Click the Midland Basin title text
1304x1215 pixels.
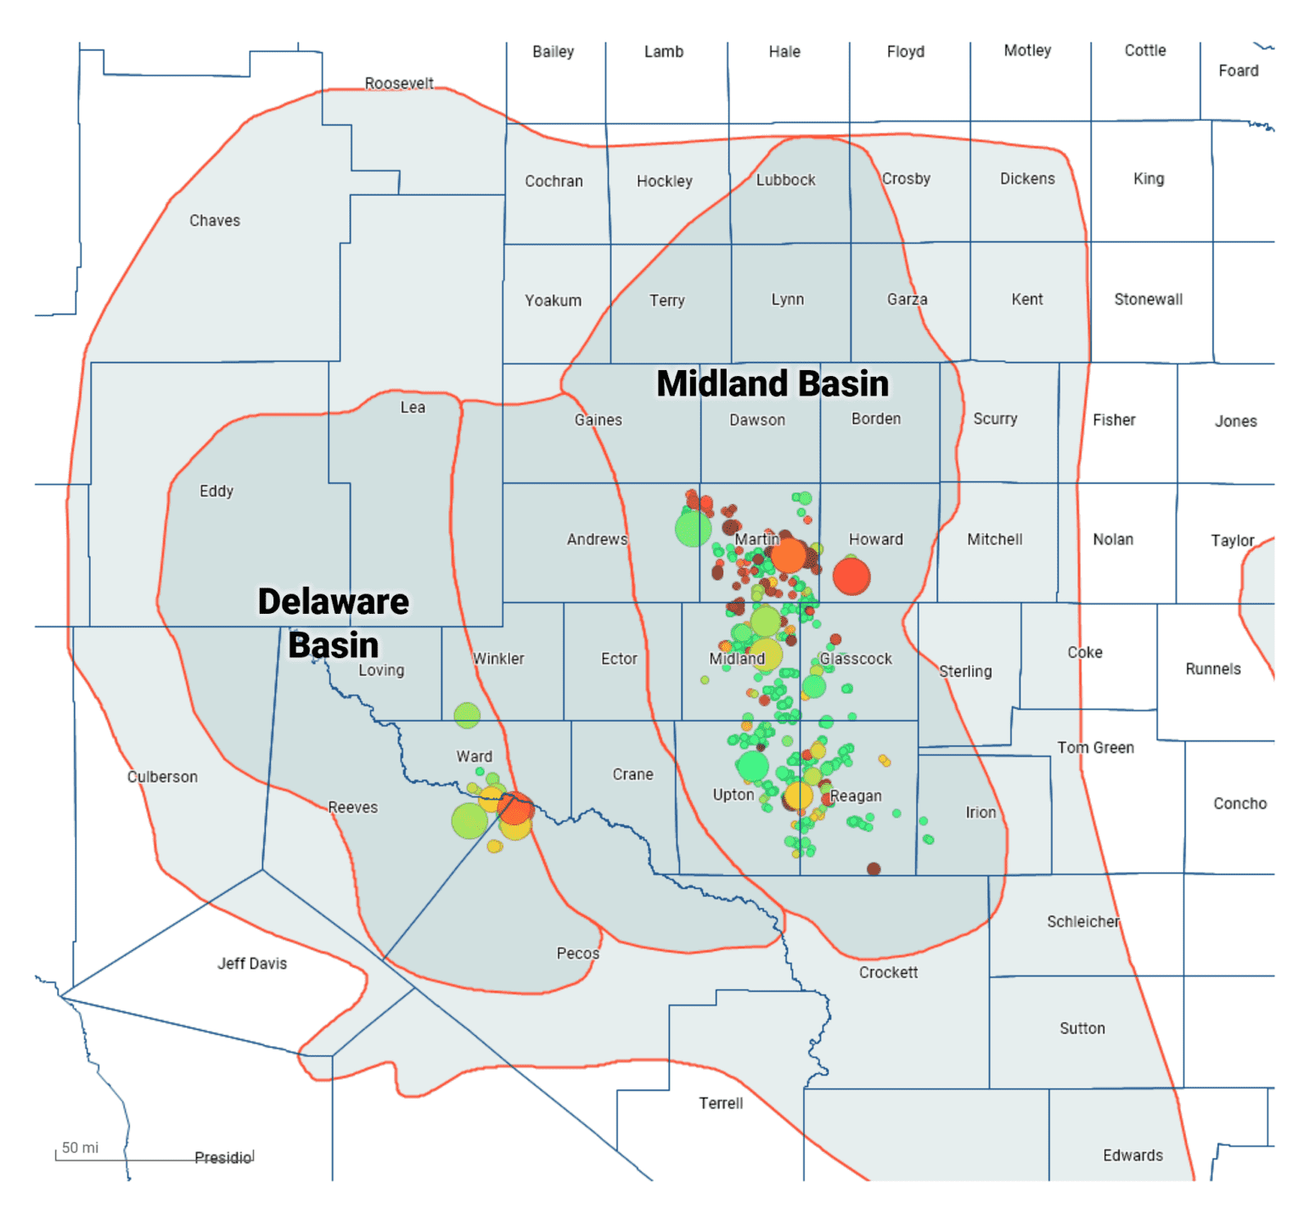(x=772, y=384)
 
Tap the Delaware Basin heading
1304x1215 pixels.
(x=333, y=622)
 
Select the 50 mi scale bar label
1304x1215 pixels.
(x=80, y=1148)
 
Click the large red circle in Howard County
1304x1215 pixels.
(x=852, y=577)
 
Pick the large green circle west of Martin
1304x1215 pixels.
(x=693, y=529)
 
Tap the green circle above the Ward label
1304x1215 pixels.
(x=467, y=716)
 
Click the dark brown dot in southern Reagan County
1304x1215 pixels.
(x=874, y=869)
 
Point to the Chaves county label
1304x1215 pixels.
(x=215, y=221)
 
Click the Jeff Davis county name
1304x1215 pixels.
(x=252, y=964)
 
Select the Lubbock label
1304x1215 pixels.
(x=785, y=180)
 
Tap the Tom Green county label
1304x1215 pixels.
(x=1095, y=748)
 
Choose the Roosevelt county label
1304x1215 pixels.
(x=399, y=83)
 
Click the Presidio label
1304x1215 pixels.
(x=223, y=1158)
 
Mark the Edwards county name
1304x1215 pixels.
(x=1133, y=1156)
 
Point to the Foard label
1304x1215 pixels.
(x=1238, y=70)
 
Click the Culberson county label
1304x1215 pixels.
(x=162, y=777)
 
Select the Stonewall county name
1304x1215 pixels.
(x=1148, y=300)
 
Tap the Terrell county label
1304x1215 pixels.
(x=721, y=1103)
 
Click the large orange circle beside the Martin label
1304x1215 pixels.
(x=789, y=555)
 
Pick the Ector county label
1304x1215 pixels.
(x=619, y=659)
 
